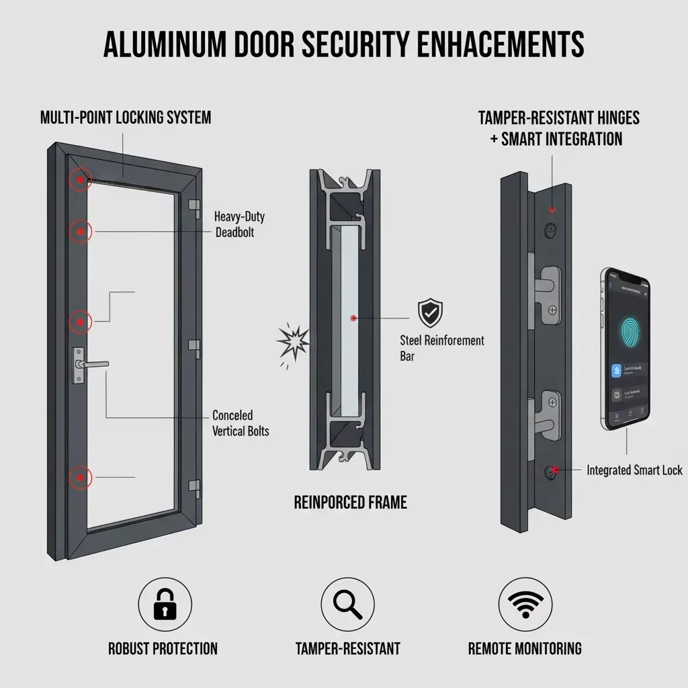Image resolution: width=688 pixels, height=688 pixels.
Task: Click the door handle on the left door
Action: pos(90,364)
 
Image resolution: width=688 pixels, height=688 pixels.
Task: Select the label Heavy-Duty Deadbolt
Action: pos(236,224)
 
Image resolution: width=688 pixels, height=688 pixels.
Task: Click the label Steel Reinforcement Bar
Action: pos(441,348)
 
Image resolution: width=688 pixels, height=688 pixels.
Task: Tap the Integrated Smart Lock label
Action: pos(634,470)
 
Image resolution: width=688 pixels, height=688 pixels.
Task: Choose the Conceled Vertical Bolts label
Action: pos(241,423)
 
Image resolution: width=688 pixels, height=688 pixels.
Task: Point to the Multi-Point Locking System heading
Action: pos(126,118)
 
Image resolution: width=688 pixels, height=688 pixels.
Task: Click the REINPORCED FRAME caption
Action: pos(350,502)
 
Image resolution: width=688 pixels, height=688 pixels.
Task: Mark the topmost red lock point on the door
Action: pos(80,179)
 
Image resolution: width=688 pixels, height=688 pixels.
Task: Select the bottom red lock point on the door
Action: pos(80,478)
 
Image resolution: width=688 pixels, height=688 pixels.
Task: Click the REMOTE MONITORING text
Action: pos(525,648)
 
